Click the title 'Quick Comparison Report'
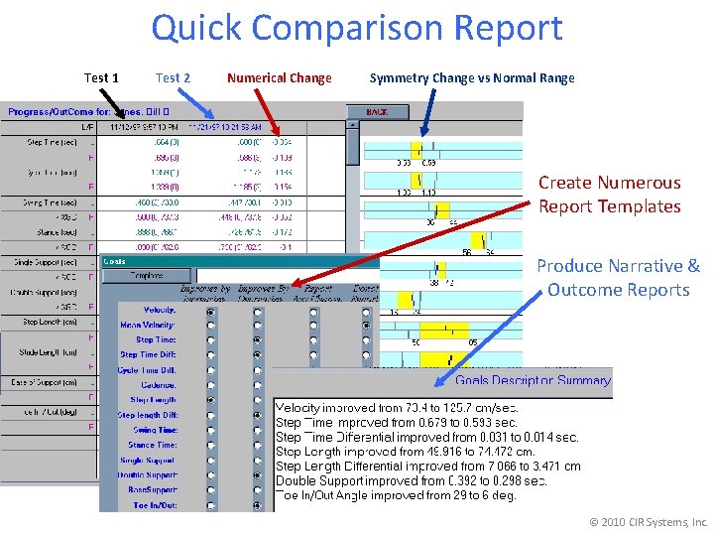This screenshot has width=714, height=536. tap(356, 28)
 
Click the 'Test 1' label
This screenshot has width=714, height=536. tap(101, 77)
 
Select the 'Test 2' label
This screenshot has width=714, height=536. tap(173, 77)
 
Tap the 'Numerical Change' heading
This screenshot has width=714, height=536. tap(279, 77)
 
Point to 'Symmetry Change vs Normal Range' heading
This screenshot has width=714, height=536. tap(471, 77)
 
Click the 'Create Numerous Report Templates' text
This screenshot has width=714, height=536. tap(609, 195)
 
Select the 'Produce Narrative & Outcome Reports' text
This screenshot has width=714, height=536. tap(618, 278)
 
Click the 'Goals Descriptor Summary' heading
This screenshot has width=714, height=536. tap(533, 380)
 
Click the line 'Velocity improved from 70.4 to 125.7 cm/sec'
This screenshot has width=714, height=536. tap(396, 408)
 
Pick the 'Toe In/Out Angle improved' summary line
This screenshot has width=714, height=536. tap(396, 494)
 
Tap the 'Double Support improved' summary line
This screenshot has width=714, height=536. tap(411, 480)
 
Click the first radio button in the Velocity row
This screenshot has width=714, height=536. tap(210, 311)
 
